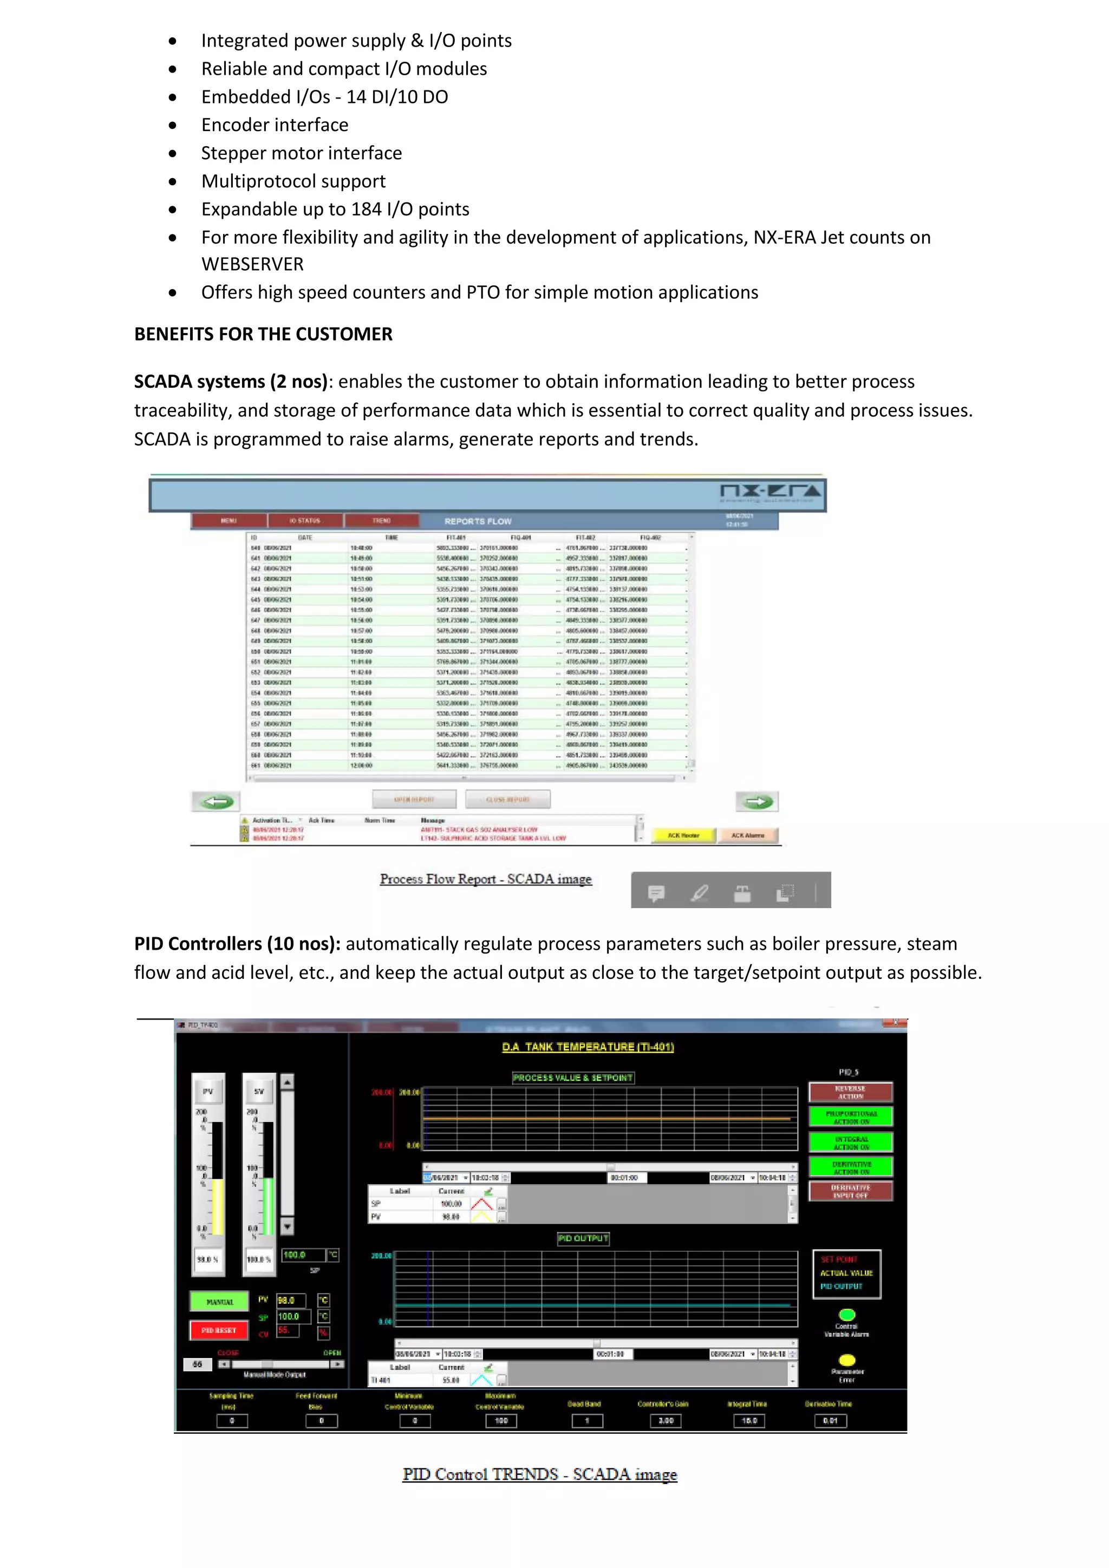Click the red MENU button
229,520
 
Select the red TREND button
381,520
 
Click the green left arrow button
217,801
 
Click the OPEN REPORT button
414,799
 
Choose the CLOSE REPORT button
508,799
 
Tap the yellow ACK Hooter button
683,835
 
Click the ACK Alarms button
748,835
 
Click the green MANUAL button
219,1302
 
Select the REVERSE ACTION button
850,1092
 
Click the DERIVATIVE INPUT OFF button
850,1192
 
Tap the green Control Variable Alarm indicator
847,1315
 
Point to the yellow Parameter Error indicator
847,1360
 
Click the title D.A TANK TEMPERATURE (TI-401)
588,1047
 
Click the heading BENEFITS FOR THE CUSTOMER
263,334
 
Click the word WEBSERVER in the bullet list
252,264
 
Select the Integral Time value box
749,1421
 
